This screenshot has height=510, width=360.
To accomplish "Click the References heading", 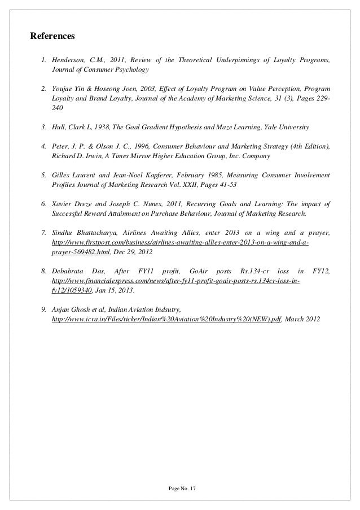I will click(52, 37).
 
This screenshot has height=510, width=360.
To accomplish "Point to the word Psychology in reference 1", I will click(130, 70).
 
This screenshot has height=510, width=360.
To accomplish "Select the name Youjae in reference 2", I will click(62, 89).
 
